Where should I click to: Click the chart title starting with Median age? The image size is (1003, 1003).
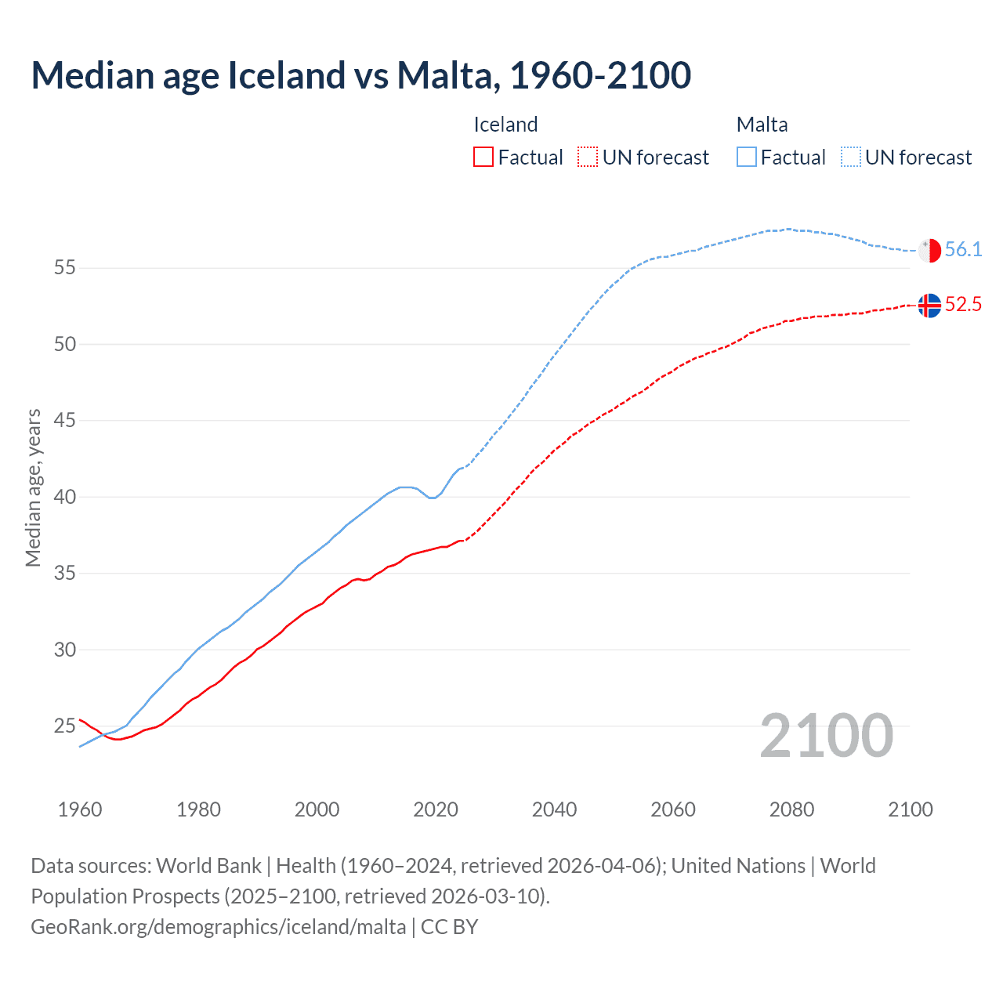point(360,75)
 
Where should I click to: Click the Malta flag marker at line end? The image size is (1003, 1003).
point(929,250)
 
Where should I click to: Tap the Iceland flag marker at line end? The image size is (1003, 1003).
point(929,305)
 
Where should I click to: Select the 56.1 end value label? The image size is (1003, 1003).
point(963,250)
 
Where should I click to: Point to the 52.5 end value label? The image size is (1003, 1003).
point(963,305)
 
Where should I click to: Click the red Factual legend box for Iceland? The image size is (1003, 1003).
point(483,158)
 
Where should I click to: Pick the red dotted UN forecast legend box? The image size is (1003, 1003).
point(588,158)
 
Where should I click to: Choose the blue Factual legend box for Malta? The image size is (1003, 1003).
point(747,158)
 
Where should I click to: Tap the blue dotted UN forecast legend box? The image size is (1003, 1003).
point(850,158)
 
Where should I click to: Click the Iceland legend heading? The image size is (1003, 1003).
point(505,125)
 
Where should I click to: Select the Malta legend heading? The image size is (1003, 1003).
point(762,125)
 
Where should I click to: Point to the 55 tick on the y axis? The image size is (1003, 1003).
point(64,268)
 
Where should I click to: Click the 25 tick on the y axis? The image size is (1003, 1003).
point(64,726)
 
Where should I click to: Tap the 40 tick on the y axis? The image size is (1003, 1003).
point(64,497)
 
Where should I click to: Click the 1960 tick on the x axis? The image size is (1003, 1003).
point(80,809)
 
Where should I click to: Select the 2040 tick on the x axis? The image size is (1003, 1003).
point(554,809)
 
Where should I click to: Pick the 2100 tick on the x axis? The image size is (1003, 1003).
point(910,809)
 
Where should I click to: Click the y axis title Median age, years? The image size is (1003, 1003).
point(33,487)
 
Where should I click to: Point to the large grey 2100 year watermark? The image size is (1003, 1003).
point(826,736)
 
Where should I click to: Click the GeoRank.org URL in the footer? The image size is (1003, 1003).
point(218,927)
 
